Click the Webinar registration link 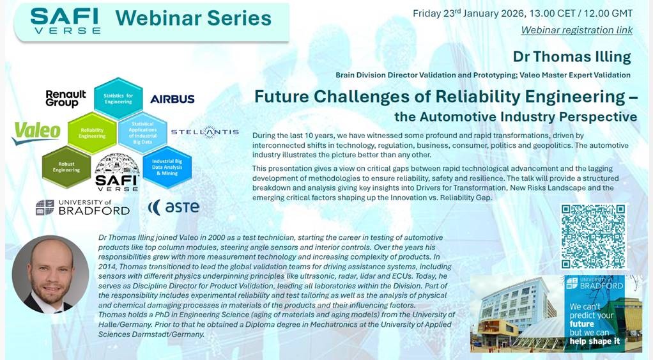coord(576,30)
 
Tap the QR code coord(592,237)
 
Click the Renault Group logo coord(65,98)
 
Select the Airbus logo coord(172,99)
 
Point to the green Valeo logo coord(36,133)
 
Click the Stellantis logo coord(204,132)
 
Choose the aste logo coord(174,207)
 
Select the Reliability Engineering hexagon coord(92,132)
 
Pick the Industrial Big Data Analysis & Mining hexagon coord(167,168)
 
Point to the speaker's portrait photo coord(50,274)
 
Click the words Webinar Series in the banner coord(193,18)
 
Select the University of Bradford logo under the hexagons coord(82,207)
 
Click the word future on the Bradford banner coord(583,325)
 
